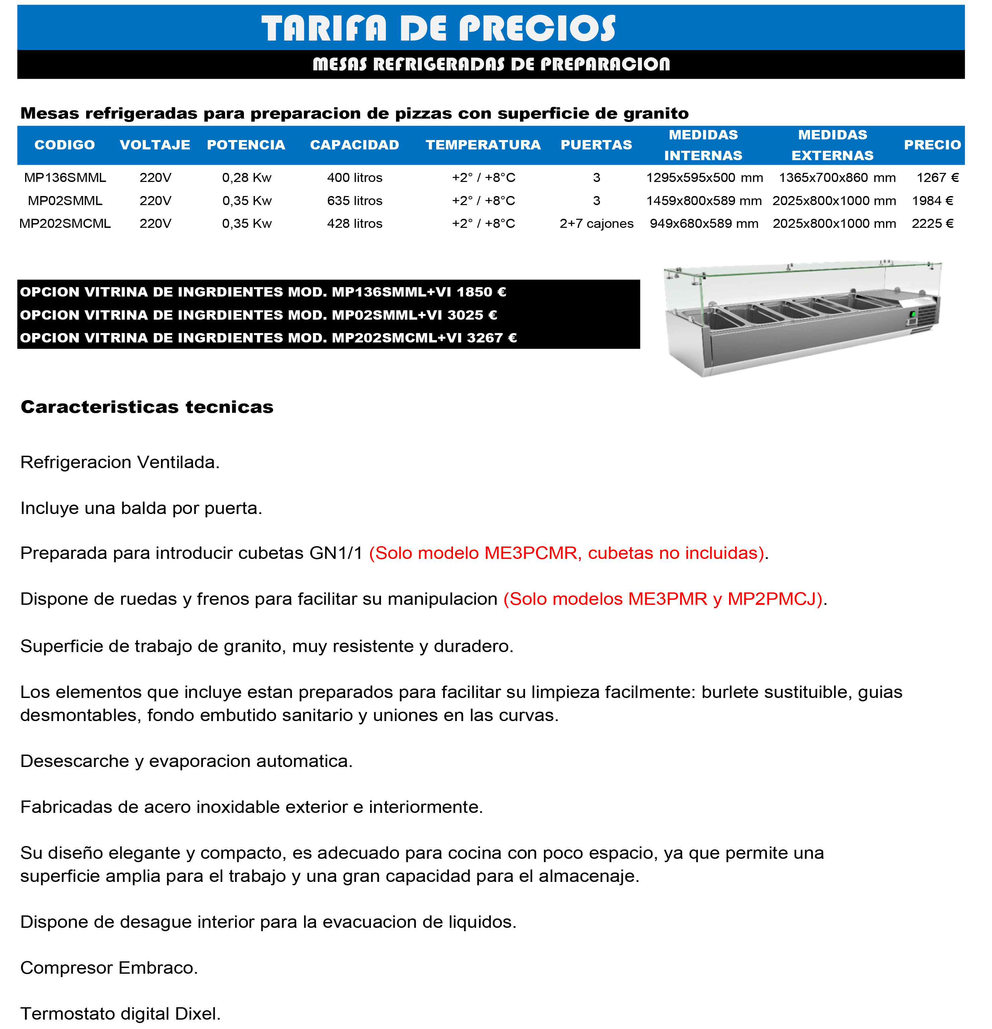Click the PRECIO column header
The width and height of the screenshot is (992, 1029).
click(x=932, y=145)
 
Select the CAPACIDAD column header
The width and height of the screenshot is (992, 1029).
click(x=354, y=145)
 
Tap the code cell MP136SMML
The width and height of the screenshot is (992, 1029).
click(x=65, y=178)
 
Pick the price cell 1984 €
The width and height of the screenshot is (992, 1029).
click(x=932, y=201)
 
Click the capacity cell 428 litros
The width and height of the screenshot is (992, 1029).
click(x=354, y=223)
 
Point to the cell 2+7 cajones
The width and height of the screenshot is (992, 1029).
click(x=596, y=223)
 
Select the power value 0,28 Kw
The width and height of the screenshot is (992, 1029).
click(x=247, y=178)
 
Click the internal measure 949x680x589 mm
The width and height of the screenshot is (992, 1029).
click(x=704, y=223)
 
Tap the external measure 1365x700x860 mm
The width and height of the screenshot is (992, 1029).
click(x=837, y=178)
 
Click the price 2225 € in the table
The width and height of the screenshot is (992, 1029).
click(x=932, y=223)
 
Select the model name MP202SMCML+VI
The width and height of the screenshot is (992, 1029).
click(x=397, y=337)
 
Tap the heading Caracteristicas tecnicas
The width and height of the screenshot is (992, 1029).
click(x=147, y=407)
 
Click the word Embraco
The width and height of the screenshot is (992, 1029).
click(x=157, y=968)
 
